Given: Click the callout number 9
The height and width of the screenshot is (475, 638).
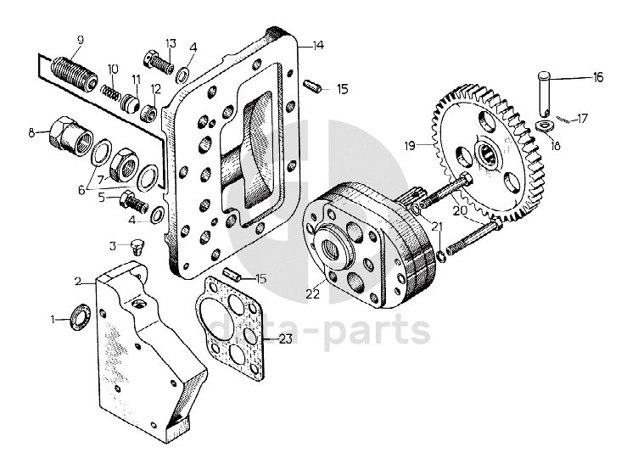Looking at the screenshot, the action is (x=80, y=40).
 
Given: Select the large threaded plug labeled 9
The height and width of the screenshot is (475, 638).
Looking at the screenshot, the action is (x=76, y=72).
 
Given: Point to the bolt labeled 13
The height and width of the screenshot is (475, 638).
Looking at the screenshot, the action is (x=159, y=62).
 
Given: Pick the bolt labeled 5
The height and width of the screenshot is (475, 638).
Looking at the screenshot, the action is (x=134, y=202).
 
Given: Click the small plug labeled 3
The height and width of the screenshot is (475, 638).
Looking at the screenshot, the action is (x=137, y=247).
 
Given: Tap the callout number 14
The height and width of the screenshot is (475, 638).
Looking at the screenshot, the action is (x=318, y=46).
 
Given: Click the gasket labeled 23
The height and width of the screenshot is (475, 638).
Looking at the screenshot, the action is (x=230, y=327).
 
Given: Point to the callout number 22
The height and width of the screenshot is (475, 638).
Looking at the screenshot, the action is (x=312, y=293).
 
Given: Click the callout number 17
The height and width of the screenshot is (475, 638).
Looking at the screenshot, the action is (x=582, y=119).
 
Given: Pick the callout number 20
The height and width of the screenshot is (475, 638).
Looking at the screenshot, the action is (x=462, y=210).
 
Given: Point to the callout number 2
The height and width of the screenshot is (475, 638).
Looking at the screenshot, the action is (x=79, y=281).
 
